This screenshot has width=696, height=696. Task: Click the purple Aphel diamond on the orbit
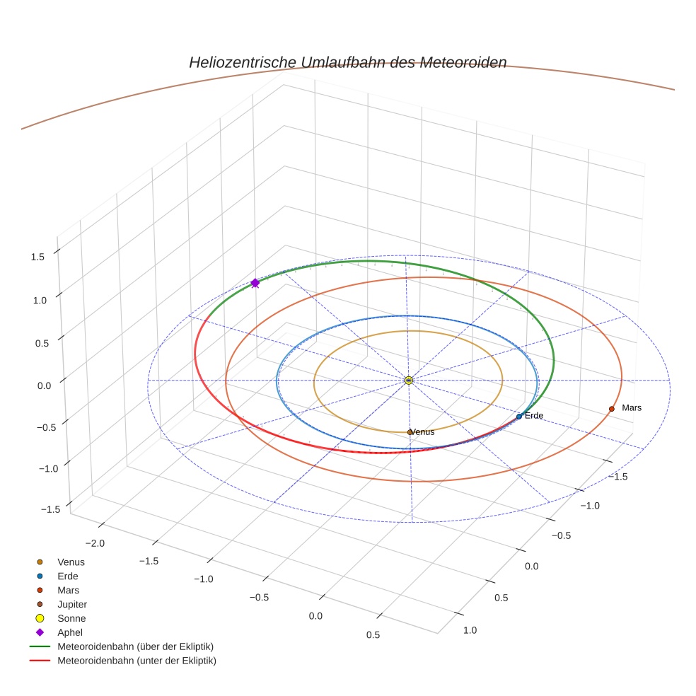tap(255, 283)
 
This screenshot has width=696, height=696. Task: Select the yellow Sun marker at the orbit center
tap(409, 381)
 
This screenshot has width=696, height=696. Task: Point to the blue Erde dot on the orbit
tap(519, 417)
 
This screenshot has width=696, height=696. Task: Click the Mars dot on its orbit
tap(611, 409)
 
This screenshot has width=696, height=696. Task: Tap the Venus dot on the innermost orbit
tap(410, 431)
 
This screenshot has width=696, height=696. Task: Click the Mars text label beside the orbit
tap(632, 408)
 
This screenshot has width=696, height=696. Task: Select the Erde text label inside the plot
tap(534, 416)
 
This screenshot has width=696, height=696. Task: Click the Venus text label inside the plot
tap(424, 432)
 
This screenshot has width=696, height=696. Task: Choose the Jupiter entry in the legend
tap(72, 604)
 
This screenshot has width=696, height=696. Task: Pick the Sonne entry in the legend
tap(71, 618)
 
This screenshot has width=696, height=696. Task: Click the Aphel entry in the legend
tap(70, 632)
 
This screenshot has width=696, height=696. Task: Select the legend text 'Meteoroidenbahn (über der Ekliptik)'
tap(135, 646)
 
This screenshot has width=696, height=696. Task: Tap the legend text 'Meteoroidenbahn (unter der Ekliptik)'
tap(137, 661)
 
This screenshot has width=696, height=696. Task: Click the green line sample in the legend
tap(40, 646)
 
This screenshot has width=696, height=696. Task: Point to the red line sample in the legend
tap(40, 661)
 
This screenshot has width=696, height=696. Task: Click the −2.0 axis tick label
tap(96, 543)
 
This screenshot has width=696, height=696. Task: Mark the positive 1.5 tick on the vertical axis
tap(37, 257)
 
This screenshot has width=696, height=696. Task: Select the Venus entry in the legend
tap(71, 562)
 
